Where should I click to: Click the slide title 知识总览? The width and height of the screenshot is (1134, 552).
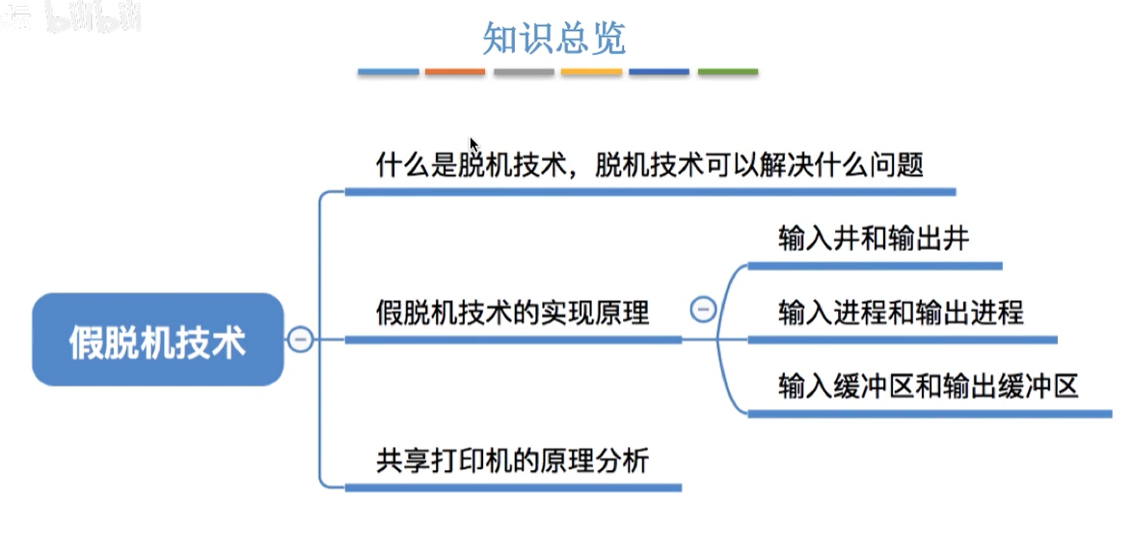pyautogui.click(x=554, y=38)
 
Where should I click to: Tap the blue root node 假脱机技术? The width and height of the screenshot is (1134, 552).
pyautogui.click(x=158, y=341)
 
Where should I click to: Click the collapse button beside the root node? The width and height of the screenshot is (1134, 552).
pyautogui.click(x=301, y=340)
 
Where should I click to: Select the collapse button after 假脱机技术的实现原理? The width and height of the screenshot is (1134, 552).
pyautogui.click(x=703, y=310)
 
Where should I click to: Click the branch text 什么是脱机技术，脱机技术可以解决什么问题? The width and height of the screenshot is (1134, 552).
pyautogui.click(x=649, y=165)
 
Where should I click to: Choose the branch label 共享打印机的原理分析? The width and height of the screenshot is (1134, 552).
pyautogui.click(x=512, y=460)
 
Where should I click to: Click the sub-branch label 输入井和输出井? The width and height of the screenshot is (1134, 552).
pyautogui.click(x=873, y=239)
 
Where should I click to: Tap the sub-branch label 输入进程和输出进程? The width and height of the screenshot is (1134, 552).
pyautogui.click(x=901, y=313)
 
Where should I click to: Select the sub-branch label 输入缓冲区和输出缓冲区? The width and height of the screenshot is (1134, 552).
pyautogui.click(x=928, y=387)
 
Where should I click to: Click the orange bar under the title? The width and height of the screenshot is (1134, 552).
pyautogui.click(x=455, y=72)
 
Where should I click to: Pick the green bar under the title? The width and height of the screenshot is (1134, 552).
pyautogui.click(x=728, y=72)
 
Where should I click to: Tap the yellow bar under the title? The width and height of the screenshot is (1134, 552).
pyautogui.click(x=591, y=72)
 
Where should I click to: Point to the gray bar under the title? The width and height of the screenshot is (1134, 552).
pyautogui.click(x=524, y=72)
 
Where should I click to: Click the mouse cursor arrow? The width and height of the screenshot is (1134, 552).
pyautogui.click(x=473, y=144)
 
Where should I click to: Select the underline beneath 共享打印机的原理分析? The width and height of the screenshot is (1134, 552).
pyautogui.click(x=512, y=487)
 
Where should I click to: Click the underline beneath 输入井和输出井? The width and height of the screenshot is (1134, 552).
pyautogui.click(x=875, y=265)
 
